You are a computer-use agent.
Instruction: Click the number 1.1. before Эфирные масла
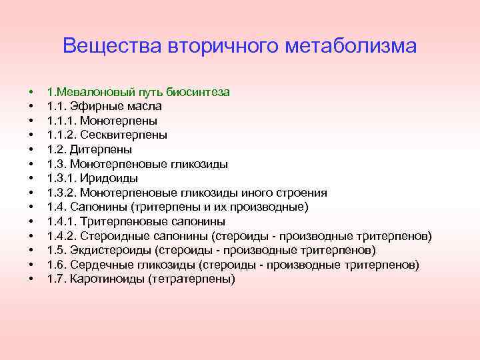coord(57,106)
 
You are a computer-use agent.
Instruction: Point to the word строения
coord(300,193)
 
